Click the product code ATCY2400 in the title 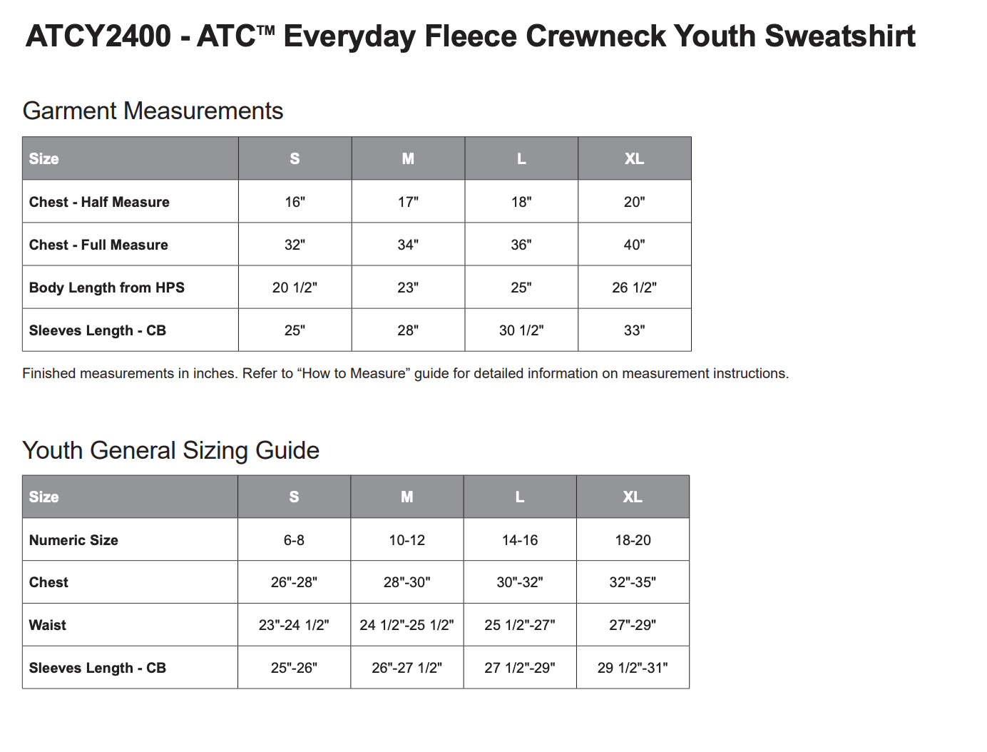98,36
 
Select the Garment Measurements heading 153,111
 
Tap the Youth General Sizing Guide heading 170,451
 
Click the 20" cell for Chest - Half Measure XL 634,202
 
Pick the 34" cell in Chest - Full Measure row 408,245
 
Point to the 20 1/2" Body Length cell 295,288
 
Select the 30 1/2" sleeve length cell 521,330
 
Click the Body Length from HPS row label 107,288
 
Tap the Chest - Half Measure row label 99,202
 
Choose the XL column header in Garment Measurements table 634,159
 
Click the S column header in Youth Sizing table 294,497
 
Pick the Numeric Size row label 73,540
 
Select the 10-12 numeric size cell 406,540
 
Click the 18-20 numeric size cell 633,540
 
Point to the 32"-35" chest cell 633,582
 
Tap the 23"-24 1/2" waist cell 294,625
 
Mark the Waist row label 48,625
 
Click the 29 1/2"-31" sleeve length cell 633,668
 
